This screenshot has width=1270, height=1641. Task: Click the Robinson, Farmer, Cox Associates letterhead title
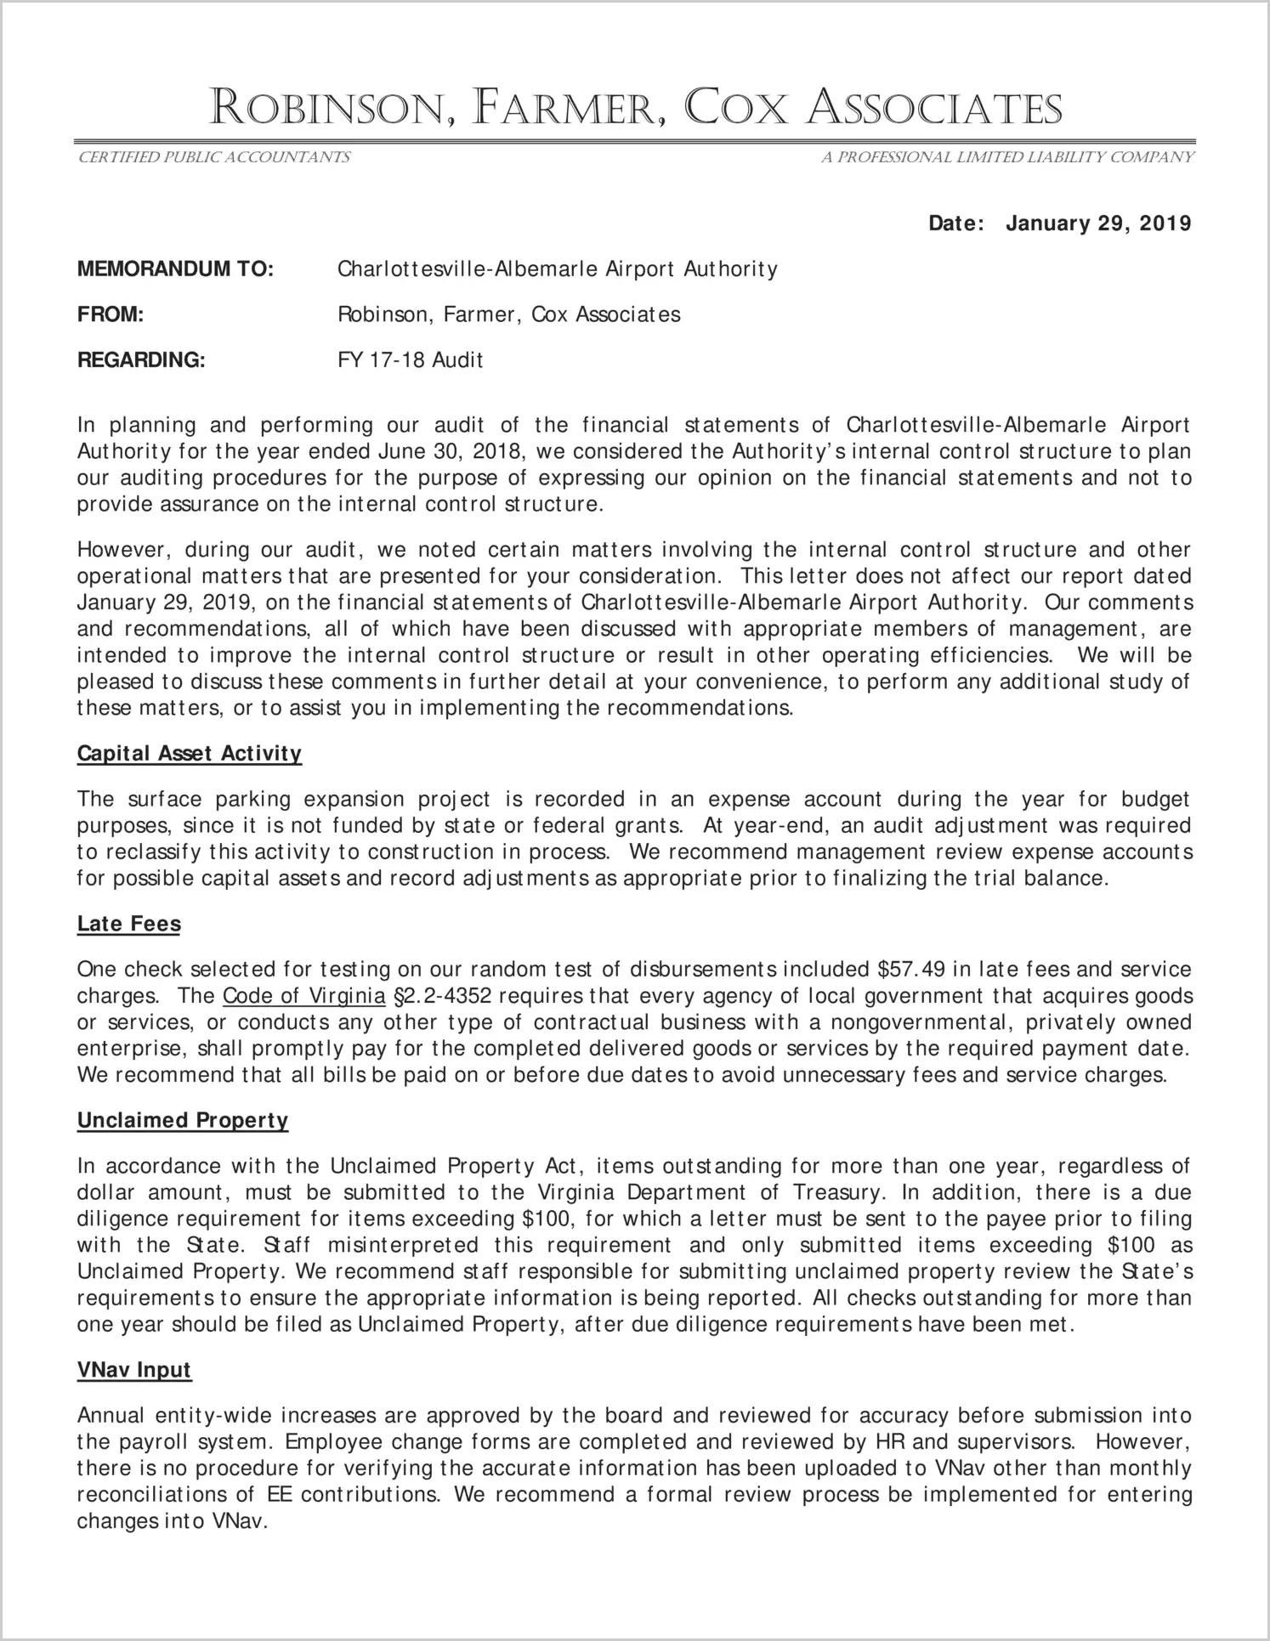pos(635,110)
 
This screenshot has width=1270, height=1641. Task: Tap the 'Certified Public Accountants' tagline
pos(213,157)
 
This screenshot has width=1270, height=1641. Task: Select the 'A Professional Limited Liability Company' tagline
pos(1007,157)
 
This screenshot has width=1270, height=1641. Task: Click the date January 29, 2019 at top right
pos(1098,224)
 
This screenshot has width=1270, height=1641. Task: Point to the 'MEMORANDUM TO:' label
pos(175,269)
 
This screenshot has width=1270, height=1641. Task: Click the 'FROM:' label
pos(111,314)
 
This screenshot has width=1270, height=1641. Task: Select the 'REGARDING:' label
pos(141,360)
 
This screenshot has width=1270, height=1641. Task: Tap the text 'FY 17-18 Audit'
pos(410,360)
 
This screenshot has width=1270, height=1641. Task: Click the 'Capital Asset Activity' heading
pos(190,754)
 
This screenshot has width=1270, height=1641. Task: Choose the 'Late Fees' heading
pos(129,924)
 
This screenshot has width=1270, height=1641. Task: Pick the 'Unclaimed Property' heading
pos(183,1120)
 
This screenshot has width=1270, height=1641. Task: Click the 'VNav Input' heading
pos(134,1370)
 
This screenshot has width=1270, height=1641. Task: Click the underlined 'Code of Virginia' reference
pos(303,996)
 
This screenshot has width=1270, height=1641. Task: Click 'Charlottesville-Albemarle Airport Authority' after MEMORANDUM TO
pos(558,269)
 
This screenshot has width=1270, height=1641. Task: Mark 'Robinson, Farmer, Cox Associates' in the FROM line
pos(509,314)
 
